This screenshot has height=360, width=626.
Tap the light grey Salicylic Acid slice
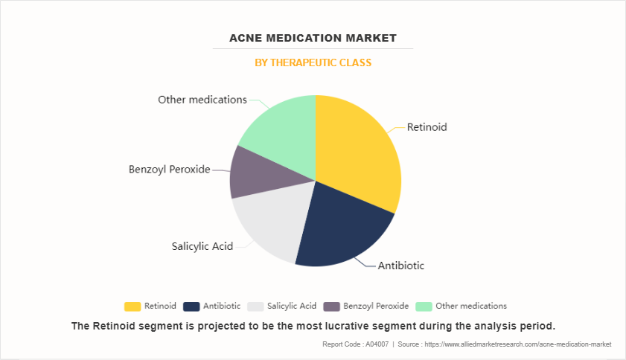click(x=272, y=223)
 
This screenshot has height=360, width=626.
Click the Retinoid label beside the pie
click(x=427, y=127)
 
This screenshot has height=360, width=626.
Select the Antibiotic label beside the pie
click(x=400, y=266)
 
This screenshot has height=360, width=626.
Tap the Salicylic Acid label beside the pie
click(x=202, y=246)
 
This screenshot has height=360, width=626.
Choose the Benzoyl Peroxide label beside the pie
click(x=169, y=170)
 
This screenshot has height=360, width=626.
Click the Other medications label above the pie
click(x=202, y=100)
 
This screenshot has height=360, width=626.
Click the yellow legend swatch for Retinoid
click(x=132, y=306)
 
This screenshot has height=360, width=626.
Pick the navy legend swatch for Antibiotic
click(x=191, y=306)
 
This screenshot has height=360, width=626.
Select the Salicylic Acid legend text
click(x=292, y=306)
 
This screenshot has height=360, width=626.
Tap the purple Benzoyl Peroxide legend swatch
click(x=331, y=306)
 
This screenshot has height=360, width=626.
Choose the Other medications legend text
click(x=471, y=306)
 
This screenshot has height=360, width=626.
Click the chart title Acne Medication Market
click(x=313, y=38)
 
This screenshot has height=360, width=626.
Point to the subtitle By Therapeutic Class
click(x=313, y=62)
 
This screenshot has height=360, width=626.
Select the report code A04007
click(x=377, y=344)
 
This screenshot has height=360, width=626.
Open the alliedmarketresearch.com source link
click(x=518, y=344)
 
